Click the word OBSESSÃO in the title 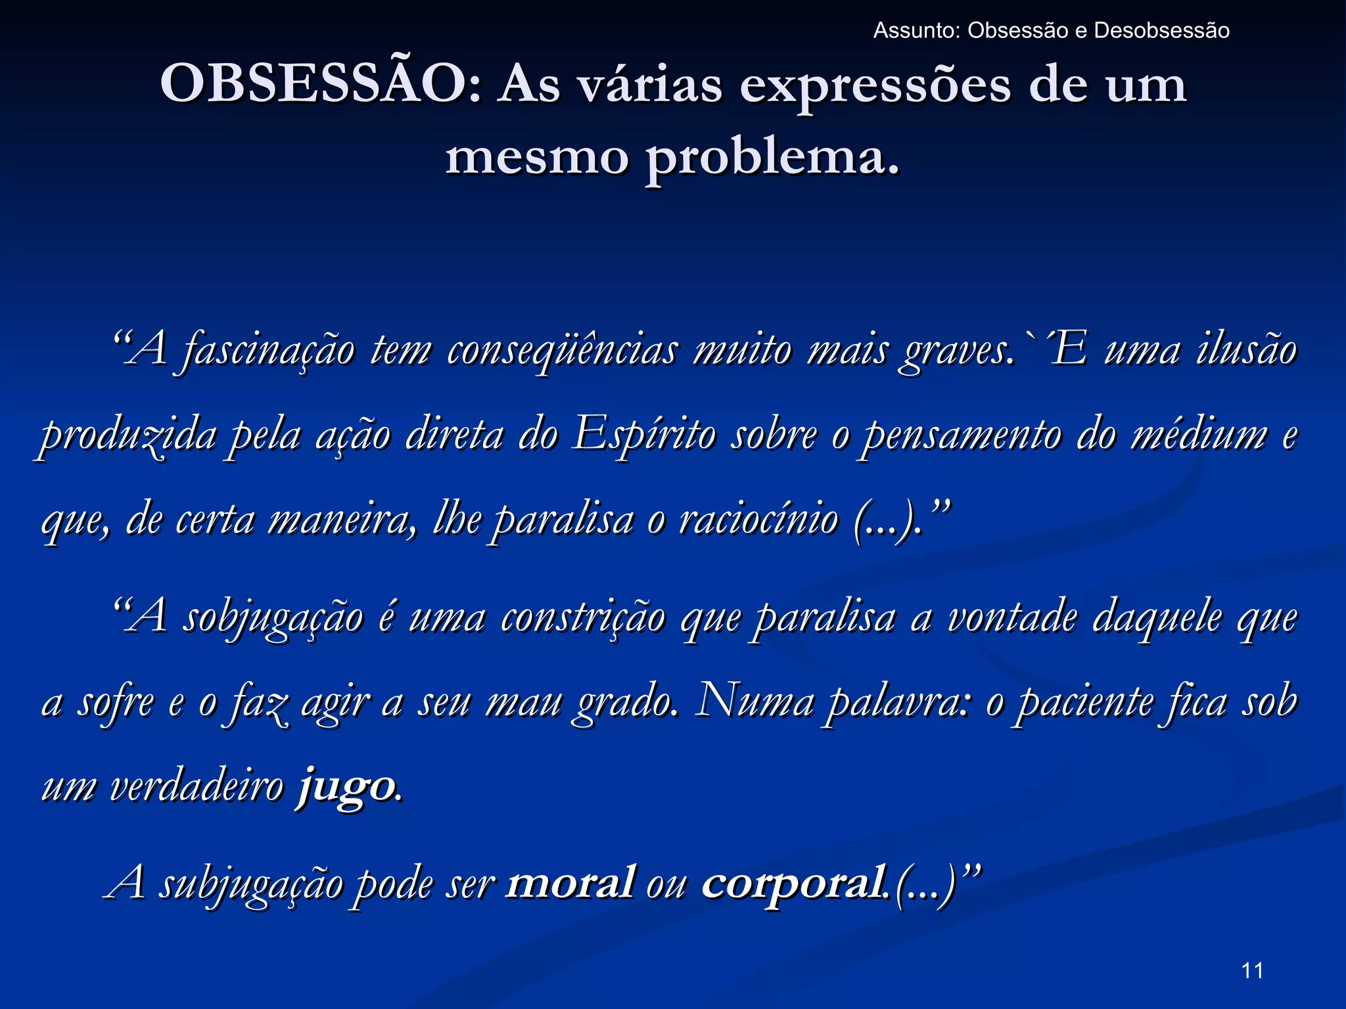314,84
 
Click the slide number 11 1252,970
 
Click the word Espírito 644,435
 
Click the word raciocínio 759,519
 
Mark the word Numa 755,702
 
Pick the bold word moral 570,882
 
